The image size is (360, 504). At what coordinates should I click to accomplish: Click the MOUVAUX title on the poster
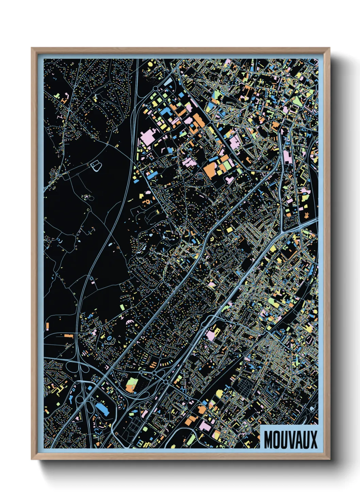pyautogui.click(x=290, y=440)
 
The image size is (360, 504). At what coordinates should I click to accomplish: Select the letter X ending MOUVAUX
pyautogui.click(x=313, y=440)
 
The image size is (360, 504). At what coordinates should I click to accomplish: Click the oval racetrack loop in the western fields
pyautogui.click(x=96, y=166)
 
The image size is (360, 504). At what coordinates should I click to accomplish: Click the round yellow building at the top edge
pyautogui.click(x=150, y=63)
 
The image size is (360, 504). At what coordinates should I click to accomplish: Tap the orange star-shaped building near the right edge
pyautogui.click(x=307, y=214)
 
